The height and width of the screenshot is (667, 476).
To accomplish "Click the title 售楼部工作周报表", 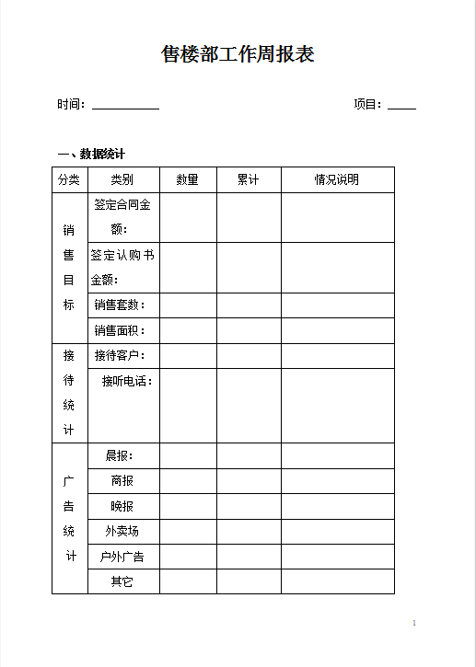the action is [238, 55].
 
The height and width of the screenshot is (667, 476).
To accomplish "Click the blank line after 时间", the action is [125, 106].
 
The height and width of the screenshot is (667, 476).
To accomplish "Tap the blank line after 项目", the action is [401, 106].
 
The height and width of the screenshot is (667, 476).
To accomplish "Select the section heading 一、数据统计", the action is [91, 154].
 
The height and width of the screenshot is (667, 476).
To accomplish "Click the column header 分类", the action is [69, 180].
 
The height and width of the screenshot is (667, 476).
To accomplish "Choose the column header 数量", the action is [188, 180].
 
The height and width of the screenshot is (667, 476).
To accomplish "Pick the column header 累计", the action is [249, 180].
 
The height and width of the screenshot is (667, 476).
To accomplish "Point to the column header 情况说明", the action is [337, 180].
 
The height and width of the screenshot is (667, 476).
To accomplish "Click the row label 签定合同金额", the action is [122, 217].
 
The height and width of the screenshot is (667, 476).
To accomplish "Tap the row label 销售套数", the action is [120, 305].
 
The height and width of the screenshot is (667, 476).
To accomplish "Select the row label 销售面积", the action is [120, 330].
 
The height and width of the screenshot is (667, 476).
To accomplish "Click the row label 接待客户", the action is [120, 356].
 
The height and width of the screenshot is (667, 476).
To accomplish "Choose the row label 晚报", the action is [122, 506].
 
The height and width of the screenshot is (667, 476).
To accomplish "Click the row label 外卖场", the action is [122, 532].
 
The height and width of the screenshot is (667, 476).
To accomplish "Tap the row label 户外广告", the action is [122, 557].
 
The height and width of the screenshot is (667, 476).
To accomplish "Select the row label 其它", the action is [122, 581].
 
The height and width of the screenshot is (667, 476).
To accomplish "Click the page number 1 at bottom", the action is [414, 624].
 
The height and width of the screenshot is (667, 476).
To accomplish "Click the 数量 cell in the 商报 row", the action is [188, 481].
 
